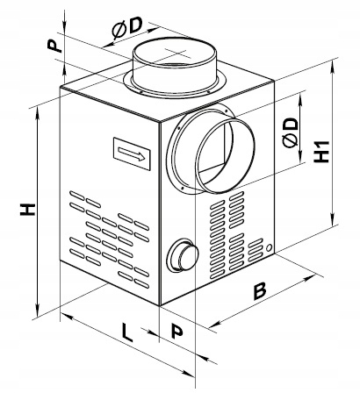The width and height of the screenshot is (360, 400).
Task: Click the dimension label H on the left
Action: pos(27,209)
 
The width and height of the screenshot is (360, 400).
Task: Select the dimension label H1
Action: pos(321,152)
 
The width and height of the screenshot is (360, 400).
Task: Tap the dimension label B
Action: pos(259,291)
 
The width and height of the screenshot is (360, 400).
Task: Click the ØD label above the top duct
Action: pos(127,28)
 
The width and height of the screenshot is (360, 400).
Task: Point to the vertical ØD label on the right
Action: pos(291,133)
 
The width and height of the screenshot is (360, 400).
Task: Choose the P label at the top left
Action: pos(55,46)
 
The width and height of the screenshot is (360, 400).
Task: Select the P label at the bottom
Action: pos(176,331)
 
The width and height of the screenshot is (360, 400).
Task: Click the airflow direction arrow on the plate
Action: pos(132,154)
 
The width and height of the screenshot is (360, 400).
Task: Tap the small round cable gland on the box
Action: pos(182,255)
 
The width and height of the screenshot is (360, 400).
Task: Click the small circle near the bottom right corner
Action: pos(270,247)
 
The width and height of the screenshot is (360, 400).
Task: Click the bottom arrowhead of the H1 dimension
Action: pos(333,218)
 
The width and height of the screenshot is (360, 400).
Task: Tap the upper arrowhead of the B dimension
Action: pos(309,277)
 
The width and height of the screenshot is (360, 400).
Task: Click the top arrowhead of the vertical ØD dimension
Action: pos(300,98)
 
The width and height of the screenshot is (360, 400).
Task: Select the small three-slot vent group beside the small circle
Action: pos(255,250)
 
